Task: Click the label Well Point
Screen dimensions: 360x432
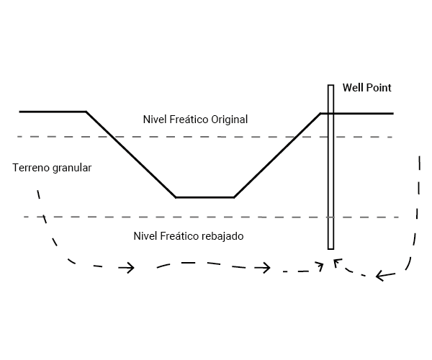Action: [367, 88]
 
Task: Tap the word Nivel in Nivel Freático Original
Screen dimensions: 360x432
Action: [155, 119]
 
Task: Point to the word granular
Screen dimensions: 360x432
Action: [73, 168]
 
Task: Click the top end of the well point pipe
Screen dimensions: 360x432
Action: [330, 86]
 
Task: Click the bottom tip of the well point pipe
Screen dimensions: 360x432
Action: [330, 248]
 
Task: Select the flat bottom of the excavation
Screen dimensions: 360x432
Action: [204, 197]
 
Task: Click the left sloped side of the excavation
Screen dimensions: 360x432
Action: [131, 155]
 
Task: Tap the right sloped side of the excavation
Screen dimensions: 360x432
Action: [277, 154]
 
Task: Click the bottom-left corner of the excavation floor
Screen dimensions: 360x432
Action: [176, 197]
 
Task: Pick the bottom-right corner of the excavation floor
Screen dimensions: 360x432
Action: [233, 197]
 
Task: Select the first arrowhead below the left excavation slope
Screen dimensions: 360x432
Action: [129, 268]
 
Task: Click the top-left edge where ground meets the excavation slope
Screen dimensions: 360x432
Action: [86, 112]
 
